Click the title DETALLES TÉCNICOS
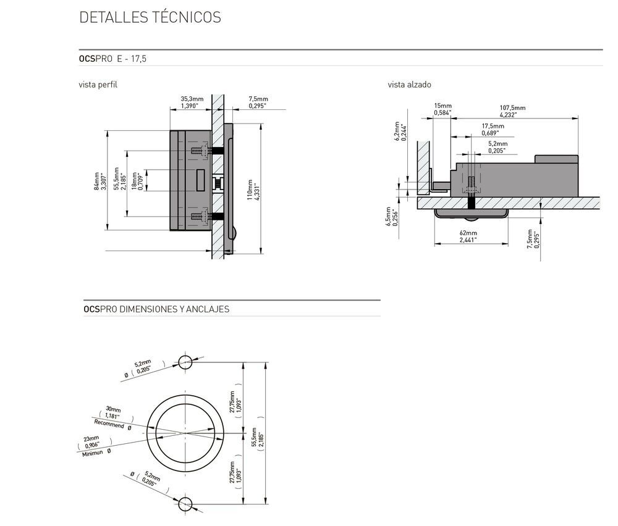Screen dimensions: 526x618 [150, 17]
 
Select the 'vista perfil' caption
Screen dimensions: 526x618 [98, 85]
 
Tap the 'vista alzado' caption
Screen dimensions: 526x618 [409, 85]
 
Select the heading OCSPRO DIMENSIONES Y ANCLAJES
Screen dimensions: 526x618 [156, 309]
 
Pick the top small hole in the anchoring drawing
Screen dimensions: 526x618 [185, 362]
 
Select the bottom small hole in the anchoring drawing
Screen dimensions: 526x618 [185, 504]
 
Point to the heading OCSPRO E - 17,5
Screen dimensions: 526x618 [112, 59]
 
